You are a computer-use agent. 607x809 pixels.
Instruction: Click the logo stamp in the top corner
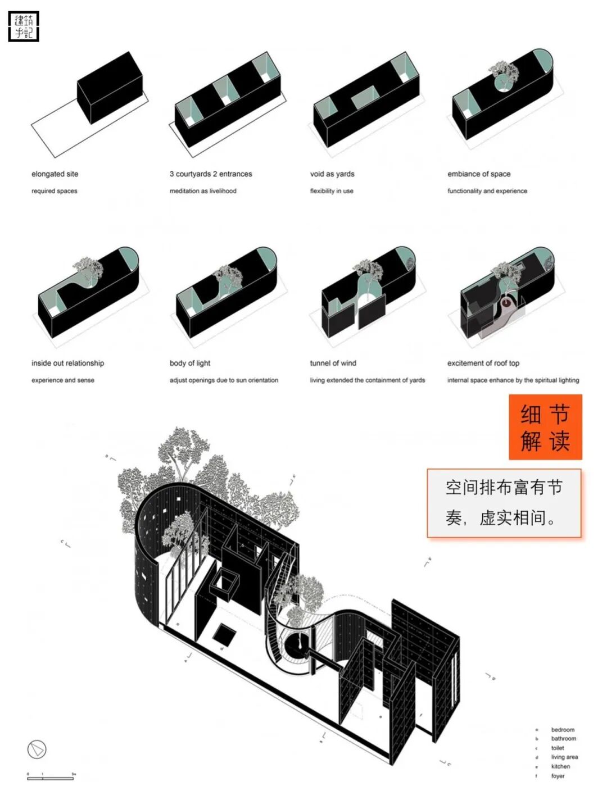(x=24, y=26)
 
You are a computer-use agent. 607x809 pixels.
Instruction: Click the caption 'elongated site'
(x=55, y=174)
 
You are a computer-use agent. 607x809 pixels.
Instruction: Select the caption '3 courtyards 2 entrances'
(x=211, y=174)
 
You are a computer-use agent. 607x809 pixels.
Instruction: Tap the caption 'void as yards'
(x=332, y=174)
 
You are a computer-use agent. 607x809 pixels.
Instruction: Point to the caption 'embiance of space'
(x=479, y=174)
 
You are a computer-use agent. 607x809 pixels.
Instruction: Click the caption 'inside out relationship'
(x=67, y=363)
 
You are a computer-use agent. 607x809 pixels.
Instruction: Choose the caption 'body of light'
(x=190, y=363)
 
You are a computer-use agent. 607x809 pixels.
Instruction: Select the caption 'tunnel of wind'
(x=333, y=363)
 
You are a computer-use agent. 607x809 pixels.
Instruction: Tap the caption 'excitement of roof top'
(x=483, y=363)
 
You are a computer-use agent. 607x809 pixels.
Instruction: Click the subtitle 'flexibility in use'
(x=332, y=191)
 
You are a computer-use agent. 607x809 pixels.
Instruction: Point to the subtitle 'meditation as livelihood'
(x=203, y=191)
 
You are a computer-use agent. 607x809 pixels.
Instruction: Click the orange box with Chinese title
(x=545, y=427)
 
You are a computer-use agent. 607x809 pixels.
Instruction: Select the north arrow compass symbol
(x=37, y=749)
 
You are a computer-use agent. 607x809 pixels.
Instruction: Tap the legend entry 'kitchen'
(x=560, y=766)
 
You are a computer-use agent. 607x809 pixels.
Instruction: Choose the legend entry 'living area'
(x=564, y=757)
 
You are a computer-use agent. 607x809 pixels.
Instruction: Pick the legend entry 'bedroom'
(x=563, y=730)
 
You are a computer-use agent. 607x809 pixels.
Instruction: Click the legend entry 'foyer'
(x=558, y=776)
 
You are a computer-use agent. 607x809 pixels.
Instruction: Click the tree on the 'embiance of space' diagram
(x=504, y=73)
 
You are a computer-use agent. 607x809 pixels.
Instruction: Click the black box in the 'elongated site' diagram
(x=110, y=87)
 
